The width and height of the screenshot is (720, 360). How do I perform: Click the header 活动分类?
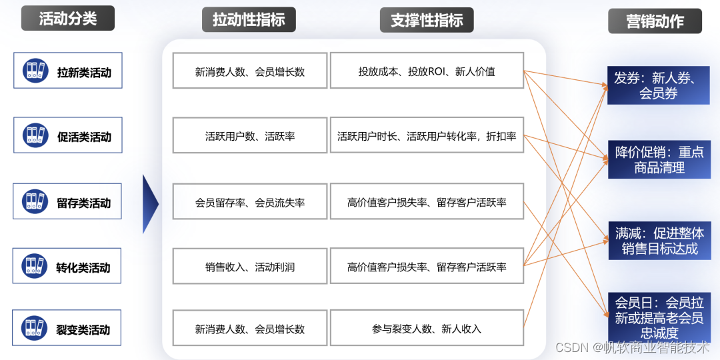(x=67, y=19)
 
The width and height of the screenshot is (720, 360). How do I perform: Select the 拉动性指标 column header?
(x=249, y=20)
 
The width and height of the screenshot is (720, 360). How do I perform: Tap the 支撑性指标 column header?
(x=427, y=20)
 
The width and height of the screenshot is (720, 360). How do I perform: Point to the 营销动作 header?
(x=655, y=21)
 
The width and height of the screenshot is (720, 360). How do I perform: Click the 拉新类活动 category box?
(x=67, y=70)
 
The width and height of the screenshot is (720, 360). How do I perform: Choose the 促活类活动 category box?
(x=67, y=135)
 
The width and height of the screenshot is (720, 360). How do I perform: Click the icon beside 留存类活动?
(x=34, y=201)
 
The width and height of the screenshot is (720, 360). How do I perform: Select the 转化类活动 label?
(x=83, y=267)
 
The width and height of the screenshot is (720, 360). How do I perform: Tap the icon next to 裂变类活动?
(x=34, y=327)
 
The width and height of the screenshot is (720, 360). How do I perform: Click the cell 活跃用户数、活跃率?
(x=249, y=135)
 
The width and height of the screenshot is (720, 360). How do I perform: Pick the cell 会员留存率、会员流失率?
(x=249, y=202)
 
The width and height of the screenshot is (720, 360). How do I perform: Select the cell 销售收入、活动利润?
(x=249, y=267)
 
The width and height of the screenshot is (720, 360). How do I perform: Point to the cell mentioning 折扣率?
(x=427, y=135)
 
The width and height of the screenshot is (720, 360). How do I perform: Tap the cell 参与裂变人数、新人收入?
(x=427, y=329)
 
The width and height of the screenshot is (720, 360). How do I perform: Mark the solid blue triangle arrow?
(x=150, y=204)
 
